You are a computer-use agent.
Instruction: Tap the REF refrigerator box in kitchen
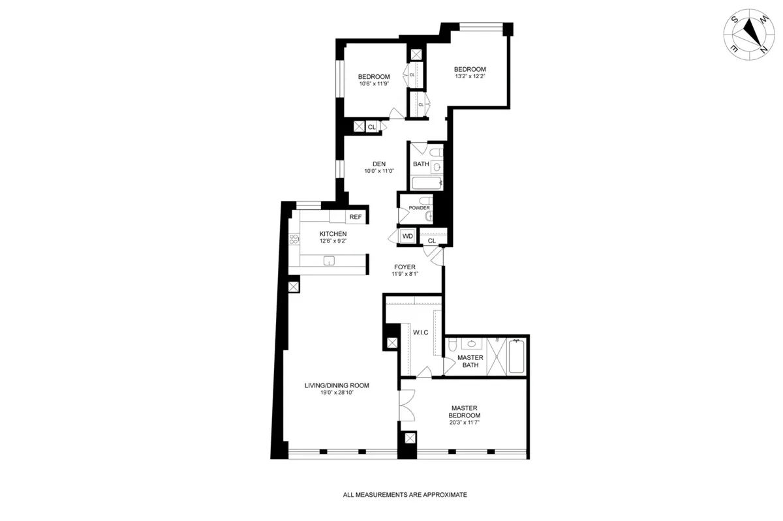click(x=355, y=217)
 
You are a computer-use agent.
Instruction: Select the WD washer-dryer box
click(x=408, y=236)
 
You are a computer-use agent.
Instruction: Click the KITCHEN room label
click(x=333, y=234)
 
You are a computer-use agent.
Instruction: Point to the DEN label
click(x=379, y=164)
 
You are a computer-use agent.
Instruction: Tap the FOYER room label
click(x=405, y=267)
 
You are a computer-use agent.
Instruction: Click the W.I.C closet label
click(x=420, y=333)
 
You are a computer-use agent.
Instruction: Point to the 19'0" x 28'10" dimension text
click(x=337, y=393)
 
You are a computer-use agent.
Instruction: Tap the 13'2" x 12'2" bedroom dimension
click(x=470, y=76)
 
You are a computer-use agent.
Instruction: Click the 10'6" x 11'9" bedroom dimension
click(x=373, y=83)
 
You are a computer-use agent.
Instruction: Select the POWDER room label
click(x=420, y=208)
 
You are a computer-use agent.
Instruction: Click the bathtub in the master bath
click(x=516, y=357)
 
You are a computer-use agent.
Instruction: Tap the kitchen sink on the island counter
click(x=330, y=261)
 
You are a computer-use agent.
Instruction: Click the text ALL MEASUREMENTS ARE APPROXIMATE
click(x=405, y=495)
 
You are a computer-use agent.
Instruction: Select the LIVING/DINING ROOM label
click(x=337, y=385)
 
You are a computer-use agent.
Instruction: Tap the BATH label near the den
click(x=421, y=164)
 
